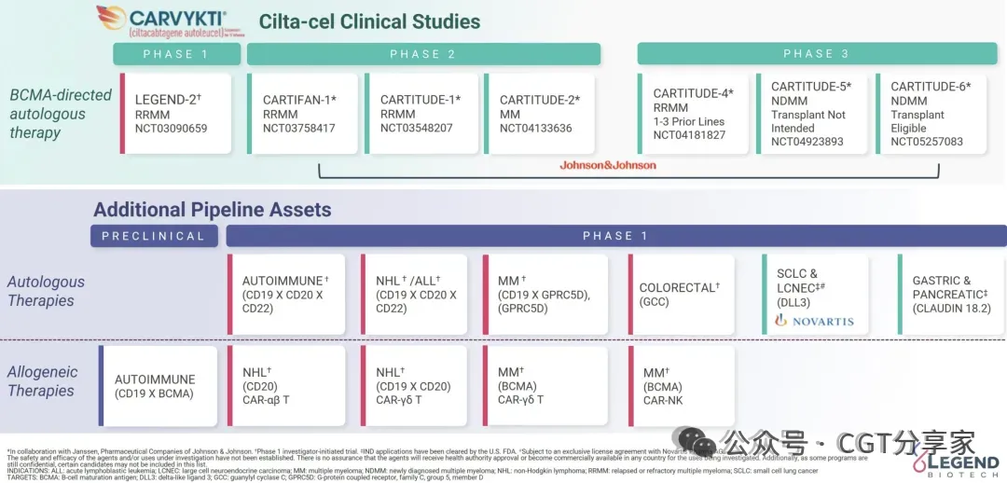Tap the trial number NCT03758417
pos(299,128)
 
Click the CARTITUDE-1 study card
pos(421,114)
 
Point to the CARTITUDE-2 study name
pos(540,100)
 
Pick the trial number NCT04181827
pos(690,135)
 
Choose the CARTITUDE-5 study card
pos(810,114)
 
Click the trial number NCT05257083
pos(927,142)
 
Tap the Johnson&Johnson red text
pos(608,165)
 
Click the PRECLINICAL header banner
pos(154,236)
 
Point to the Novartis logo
pos(814,321)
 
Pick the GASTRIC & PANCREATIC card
pos(950,295)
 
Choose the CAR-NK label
pos(664,400)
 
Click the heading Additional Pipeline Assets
pos(212,210)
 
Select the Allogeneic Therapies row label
pos(44,381)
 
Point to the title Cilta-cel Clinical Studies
pos(369,21)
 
